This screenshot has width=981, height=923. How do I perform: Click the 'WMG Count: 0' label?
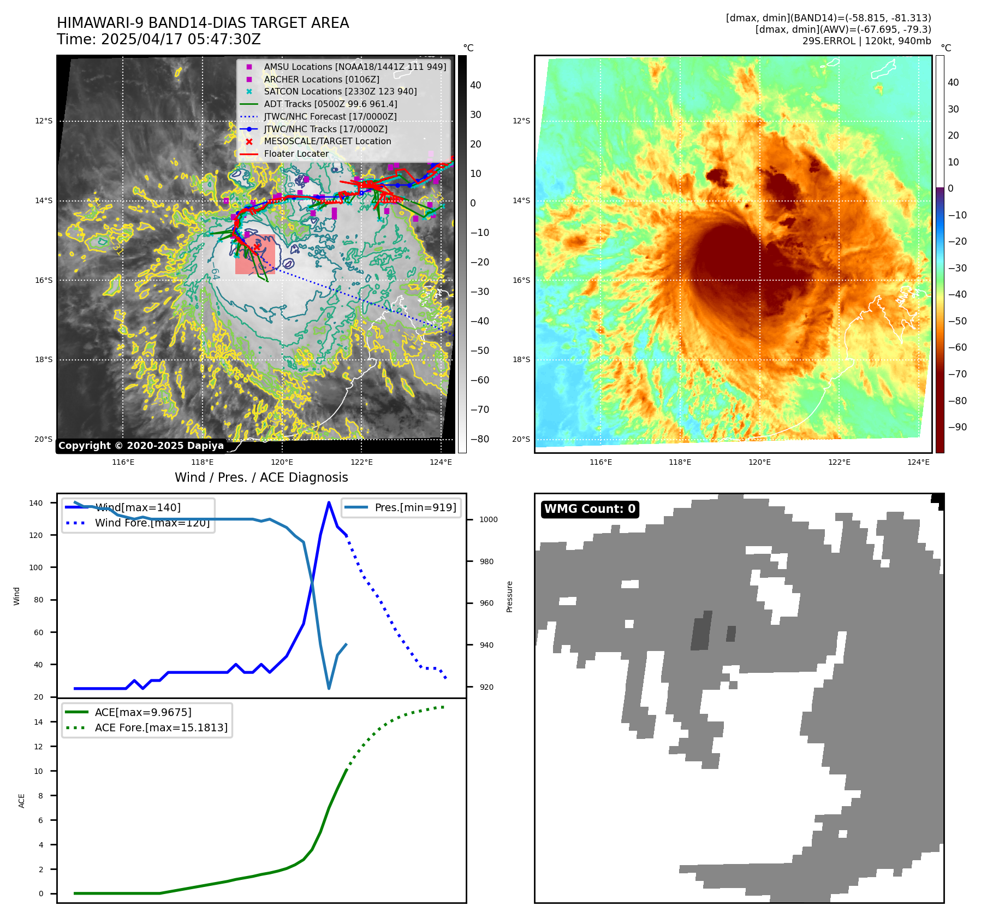(x=590, y=509)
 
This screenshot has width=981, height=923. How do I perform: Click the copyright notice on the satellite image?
(x=141, y=446)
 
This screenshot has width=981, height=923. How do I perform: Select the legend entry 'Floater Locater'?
(x=296, y=154)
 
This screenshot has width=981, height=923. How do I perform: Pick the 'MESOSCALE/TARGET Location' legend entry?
(x=327, y=141)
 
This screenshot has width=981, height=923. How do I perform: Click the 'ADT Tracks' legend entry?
(x=330, y=104)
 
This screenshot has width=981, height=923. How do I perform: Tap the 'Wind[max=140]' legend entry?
(x=138, y=507)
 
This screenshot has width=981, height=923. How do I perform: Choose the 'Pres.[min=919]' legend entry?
(x=415, y=507)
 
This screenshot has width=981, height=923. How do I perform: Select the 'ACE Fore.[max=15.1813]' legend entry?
(x=161, y=727)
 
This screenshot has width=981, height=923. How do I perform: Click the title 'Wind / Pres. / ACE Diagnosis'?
(x=261, y=477)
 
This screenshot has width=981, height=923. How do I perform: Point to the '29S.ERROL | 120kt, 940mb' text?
(x=866, y=41)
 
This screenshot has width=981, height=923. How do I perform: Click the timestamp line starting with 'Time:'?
(x=158, y=39)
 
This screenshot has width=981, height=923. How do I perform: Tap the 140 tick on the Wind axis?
(x=35, y=503)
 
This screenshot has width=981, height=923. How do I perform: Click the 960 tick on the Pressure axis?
(x=486, y=603)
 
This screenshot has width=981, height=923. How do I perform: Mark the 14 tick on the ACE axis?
(x=38, y=722)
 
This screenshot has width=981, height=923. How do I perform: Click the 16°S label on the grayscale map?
(x=44, y=280)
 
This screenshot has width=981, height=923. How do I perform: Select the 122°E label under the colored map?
(x=839, y=462)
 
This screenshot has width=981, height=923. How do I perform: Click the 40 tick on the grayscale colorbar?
(x=475, y=85)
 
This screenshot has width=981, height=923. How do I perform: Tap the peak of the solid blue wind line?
(x=329, y=502)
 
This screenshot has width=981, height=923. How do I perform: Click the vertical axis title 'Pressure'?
(x=509, y=596)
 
